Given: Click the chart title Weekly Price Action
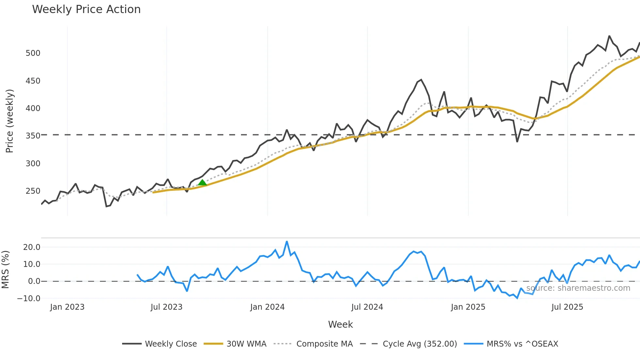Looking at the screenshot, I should click(x=86, y=9).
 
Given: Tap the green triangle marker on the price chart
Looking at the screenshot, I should click(x=202, y=183).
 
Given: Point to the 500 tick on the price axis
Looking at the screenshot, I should click(x=33, y=53).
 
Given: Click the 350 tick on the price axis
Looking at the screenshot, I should click(x=33, y=136).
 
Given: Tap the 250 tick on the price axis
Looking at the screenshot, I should click(x=33, y=191).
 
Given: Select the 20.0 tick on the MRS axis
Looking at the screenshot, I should click(x=32, y=247).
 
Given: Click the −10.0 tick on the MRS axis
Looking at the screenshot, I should click(x=29, y=299).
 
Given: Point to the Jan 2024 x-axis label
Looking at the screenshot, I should click(x=267, y=307).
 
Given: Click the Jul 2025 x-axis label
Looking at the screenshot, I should click(x=567, y=307).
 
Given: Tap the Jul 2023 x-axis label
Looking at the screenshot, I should click(x=167, y=307).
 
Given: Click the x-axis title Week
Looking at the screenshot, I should click(x=340, y=324).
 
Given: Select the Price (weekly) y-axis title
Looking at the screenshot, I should click(x=9, y=121).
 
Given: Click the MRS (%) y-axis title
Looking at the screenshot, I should click(x=5, y=270).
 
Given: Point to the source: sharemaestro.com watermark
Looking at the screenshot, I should click(x=578, y=288).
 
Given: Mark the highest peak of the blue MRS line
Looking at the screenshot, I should click(x=287, y=242).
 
